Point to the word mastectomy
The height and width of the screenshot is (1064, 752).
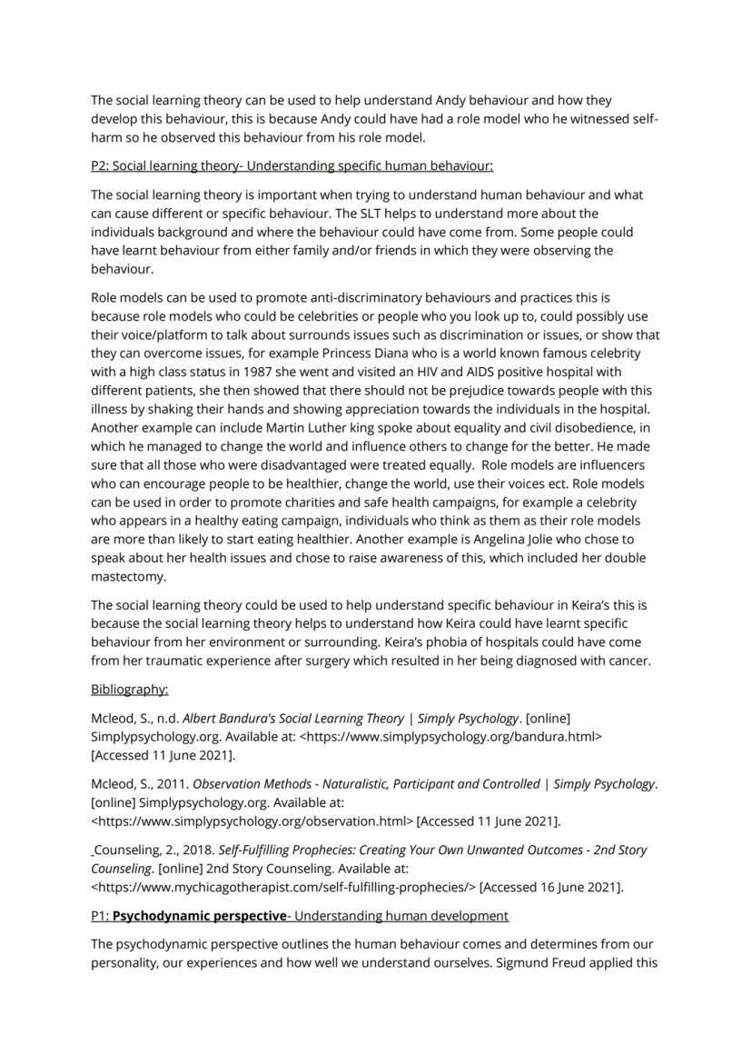pos(128,577)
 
